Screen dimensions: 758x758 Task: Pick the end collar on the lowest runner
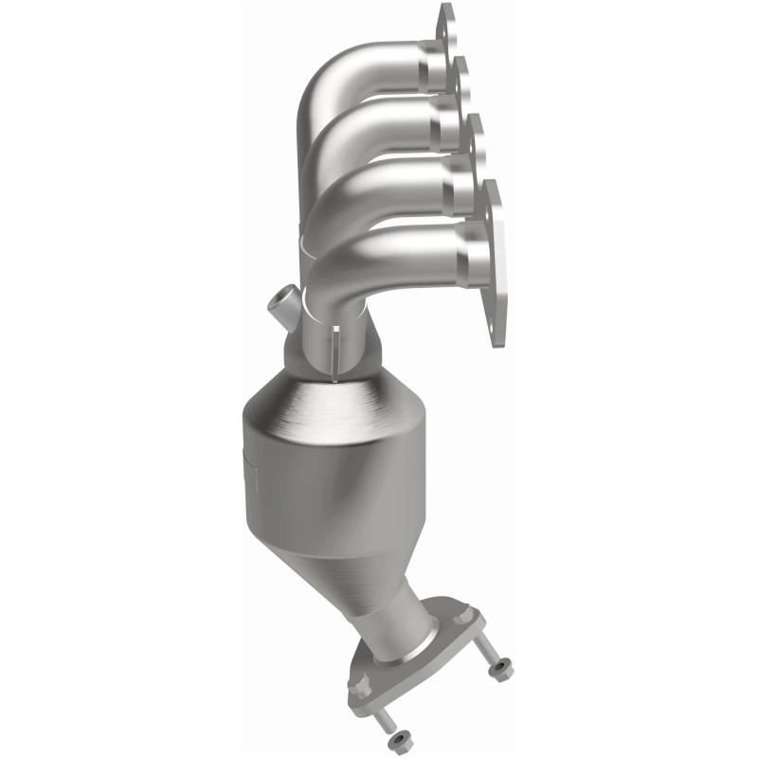(474, 248)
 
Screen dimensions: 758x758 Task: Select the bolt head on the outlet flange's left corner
(359, 680)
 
